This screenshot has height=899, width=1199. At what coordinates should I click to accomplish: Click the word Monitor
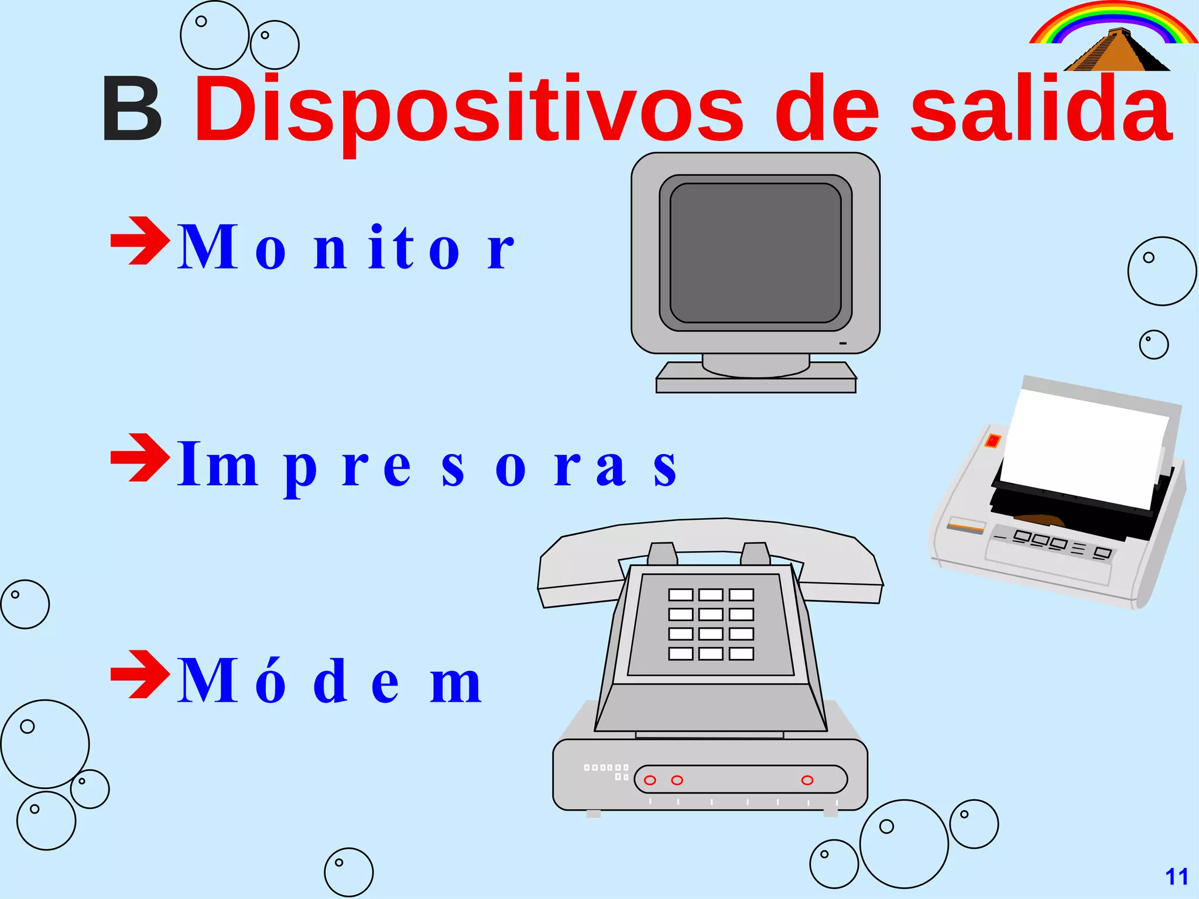click(345, 248)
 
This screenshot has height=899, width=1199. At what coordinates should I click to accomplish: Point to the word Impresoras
click(427, 465)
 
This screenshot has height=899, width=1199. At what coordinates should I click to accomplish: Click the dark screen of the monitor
click(755, 253)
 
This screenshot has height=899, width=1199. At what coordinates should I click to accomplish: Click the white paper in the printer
click(1083, 448)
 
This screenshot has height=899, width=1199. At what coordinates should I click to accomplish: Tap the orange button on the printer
click(993, 441)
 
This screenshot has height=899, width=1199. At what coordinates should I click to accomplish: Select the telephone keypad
click(711, 624)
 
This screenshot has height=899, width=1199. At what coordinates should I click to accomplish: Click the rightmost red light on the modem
click(807, 780)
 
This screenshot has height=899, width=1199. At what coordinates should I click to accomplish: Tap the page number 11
click(1177, 877)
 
